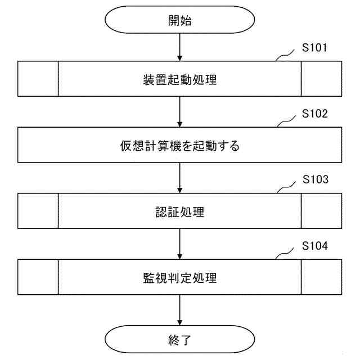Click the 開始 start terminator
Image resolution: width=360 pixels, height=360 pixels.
tap(179, 21)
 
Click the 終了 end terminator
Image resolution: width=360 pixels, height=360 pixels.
tap(179, 339)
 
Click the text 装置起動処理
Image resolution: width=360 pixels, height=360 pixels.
tap(179, 79)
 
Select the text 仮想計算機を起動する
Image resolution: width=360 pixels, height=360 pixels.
tap(179, 146)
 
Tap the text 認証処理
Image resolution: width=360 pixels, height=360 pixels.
tap(179, 211)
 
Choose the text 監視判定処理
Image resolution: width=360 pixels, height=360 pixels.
tap(179, 278)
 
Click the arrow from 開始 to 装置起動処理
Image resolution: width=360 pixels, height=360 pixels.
tap(179, 48)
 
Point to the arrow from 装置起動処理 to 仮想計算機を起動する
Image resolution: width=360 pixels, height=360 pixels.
tap(179, 112)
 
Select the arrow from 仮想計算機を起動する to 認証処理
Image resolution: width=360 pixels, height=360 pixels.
tap(179, 178)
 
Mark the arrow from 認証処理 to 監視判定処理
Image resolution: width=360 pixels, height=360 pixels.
tap(179, 244)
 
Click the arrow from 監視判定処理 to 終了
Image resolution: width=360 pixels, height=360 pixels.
tap(179, 310)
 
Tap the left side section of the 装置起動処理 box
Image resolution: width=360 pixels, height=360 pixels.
tap(38, 79)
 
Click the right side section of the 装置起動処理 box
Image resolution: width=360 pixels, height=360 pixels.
tap(321, 79)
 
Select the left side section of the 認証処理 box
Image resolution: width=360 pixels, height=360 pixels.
tap(38, 211)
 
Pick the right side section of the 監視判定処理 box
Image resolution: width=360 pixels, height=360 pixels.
tap(321, 278)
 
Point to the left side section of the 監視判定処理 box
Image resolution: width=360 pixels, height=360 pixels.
tap(38, 278)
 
